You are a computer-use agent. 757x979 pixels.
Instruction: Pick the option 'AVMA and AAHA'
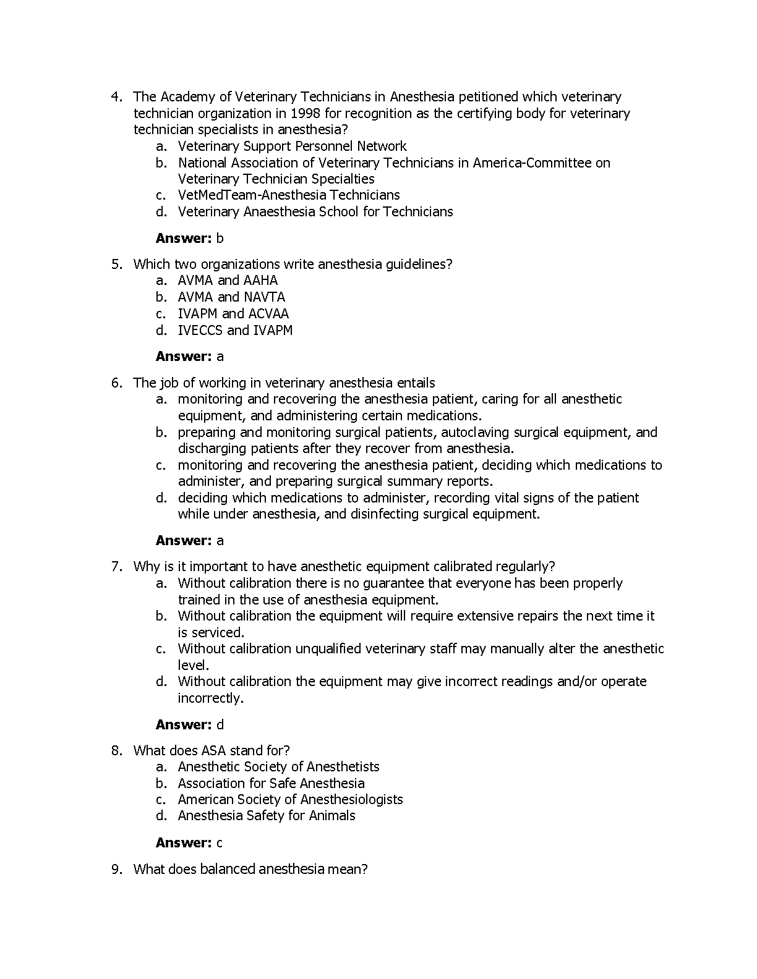pos(228,281)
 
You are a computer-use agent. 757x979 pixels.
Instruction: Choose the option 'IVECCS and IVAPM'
pos(235,330)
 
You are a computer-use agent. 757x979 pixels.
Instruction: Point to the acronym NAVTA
pos(264,297)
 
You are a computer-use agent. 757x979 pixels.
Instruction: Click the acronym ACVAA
pos(268,314)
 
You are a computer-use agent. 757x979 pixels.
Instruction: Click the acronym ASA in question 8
pos(214,751)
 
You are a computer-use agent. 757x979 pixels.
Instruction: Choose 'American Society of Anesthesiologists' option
pos(290,800)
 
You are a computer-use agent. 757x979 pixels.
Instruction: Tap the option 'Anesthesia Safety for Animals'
pos(267,816)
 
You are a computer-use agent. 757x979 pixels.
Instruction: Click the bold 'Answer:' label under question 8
pos(184,843)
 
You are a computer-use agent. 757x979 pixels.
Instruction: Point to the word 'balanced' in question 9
pos(229,870)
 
